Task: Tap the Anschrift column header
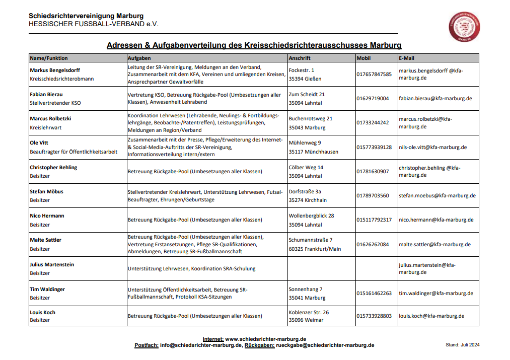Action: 300,58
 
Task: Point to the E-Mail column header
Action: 406,58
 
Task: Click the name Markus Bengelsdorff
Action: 55,70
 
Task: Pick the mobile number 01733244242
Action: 373,123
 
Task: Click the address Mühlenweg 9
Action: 305,143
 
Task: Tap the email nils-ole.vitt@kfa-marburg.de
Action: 432,148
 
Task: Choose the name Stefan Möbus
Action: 46,191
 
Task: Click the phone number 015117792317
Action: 374,220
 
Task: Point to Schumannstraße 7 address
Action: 310,240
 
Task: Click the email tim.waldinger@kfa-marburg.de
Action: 435,293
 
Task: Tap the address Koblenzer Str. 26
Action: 309,312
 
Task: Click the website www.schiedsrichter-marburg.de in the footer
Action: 265,339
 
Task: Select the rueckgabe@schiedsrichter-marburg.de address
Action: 325,345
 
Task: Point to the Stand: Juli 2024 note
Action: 462,345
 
